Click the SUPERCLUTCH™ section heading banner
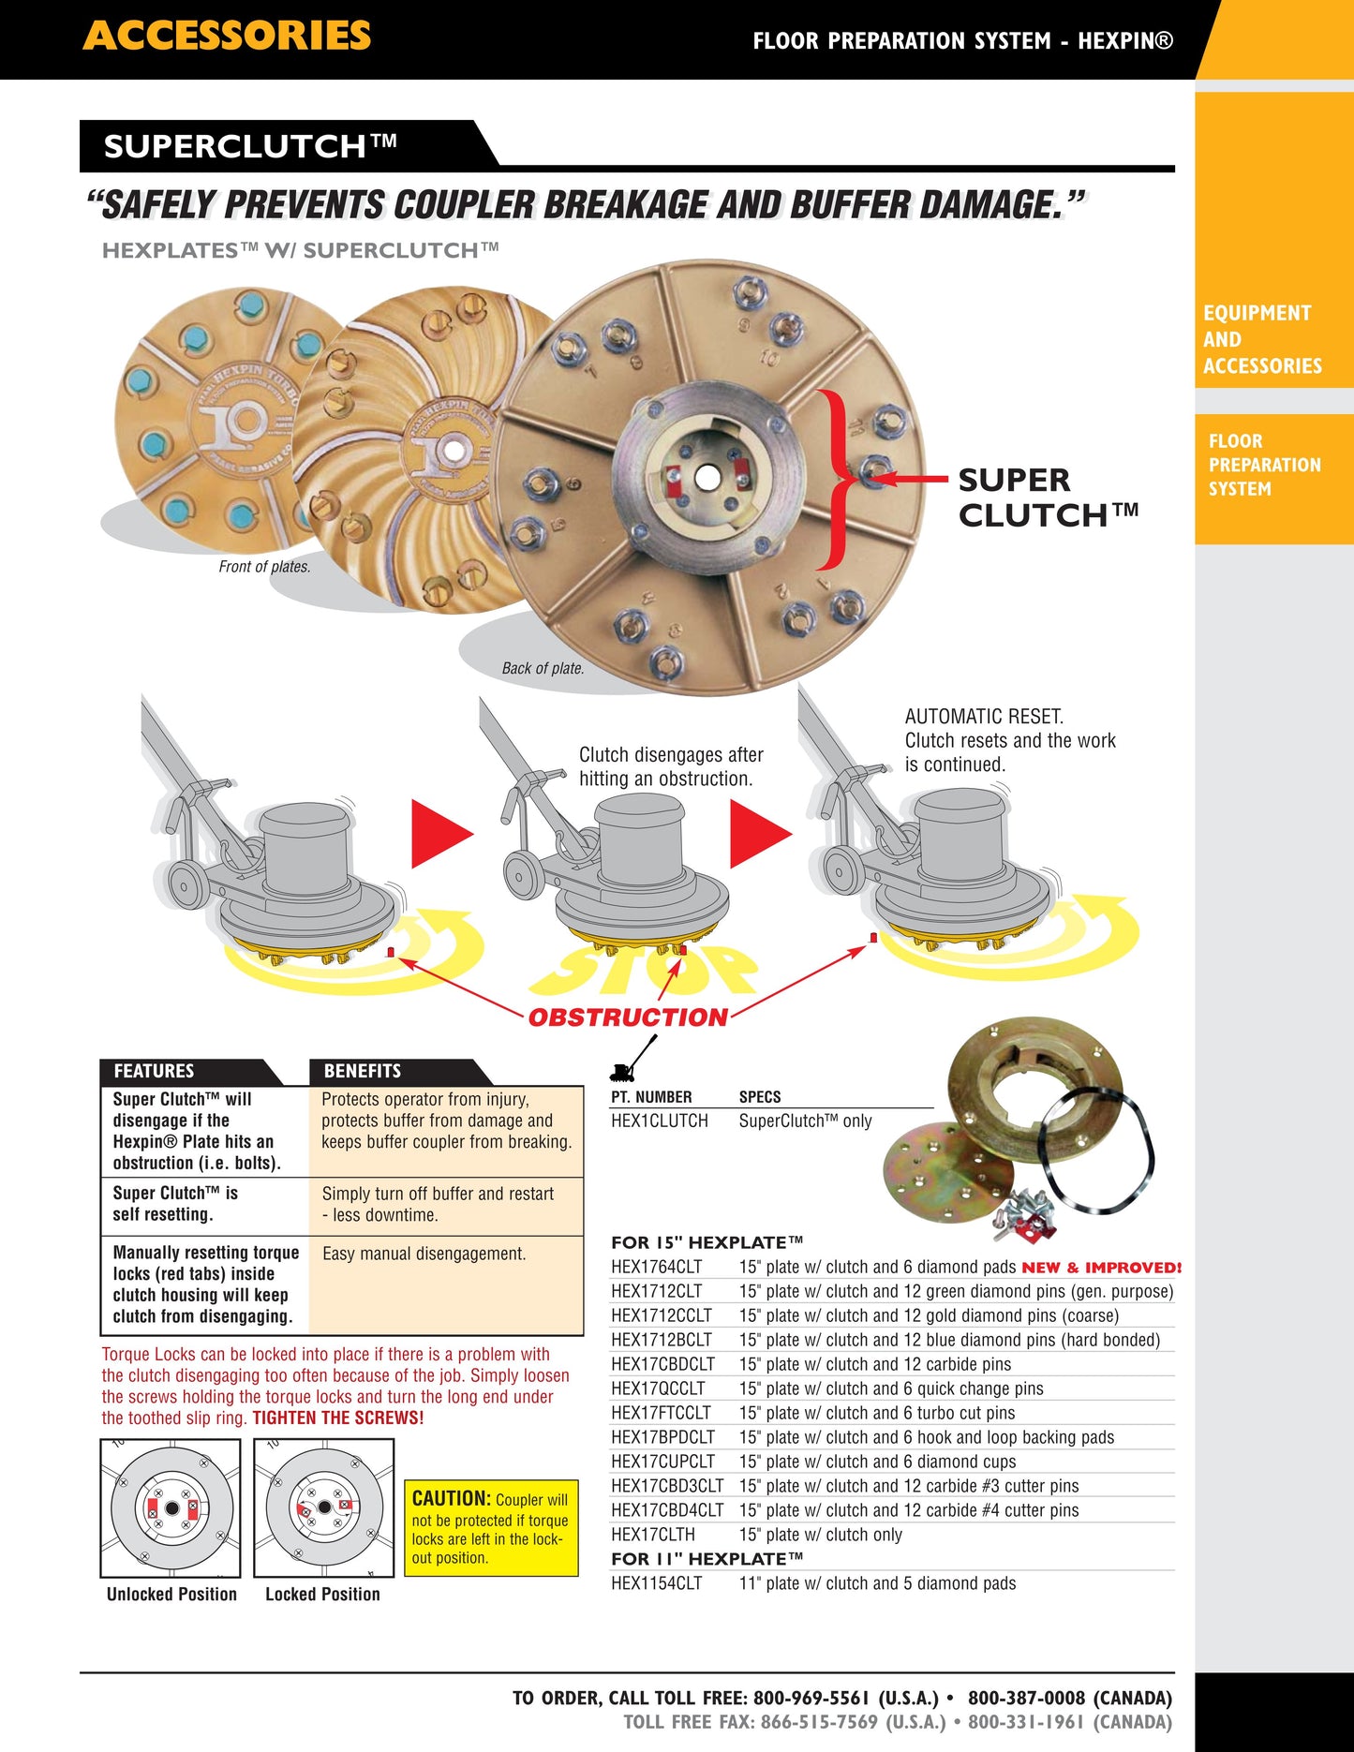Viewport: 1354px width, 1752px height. (250, 146)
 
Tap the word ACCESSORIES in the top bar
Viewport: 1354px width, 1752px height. (227, 36)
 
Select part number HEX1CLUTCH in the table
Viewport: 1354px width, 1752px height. (659, 1121)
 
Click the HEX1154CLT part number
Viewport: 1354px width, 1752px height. (656, 1583)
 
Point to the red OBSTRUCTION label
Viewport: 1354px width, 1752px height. (628, 1017)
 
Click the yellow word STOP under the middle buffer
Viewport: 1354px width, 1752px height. (647, 971)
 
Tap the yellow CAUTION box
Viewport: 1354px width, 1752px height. (490, 1528)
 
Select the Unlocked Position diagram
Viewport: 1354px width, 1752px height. (170, 1508)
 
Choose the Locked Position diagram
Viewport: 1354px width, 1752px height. (323, 1508)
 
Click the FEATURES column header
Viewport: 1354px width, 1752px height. (154, 1071)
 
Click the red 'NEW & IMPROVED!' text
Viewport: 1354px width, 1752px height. (1100, 1268)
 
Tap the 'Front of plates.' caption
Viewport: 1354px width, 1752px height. (264, 567)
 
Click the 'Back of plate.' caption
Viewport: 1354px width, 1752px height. (543, 668)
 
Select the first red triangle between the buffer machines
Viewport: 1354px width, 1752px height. (440, 834)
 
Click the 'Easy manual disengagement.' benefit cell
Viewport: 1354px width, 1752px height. (424, 1254)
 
